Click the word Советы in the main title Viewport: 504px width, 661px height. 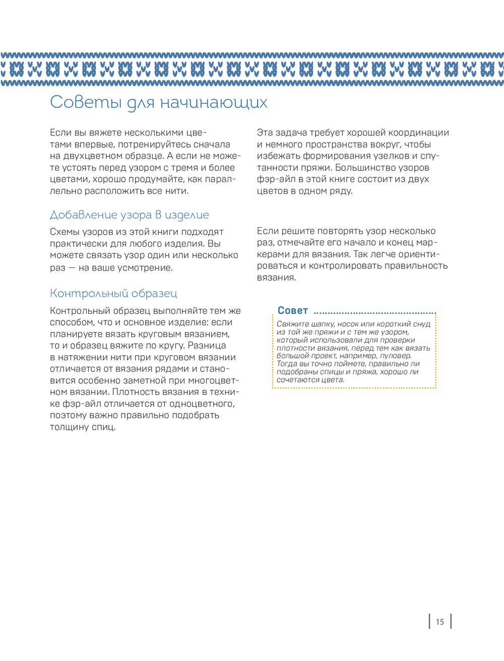pos(86,102)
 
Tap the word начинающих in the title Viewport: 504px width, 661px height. pos(214,103)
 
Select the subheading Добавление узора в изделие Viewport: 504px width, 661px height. pos(129,215)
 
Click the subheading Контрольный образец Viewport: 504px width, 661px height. pos(113,293)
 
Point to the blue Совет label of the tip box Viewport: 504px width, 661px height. pos(292,310)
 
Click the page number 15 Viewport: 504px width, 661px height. pos(440,622)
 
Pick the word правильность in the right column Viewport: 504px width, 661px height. pos(416,266)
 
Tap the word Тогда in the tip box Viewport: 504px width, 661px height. pos(287,364)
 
